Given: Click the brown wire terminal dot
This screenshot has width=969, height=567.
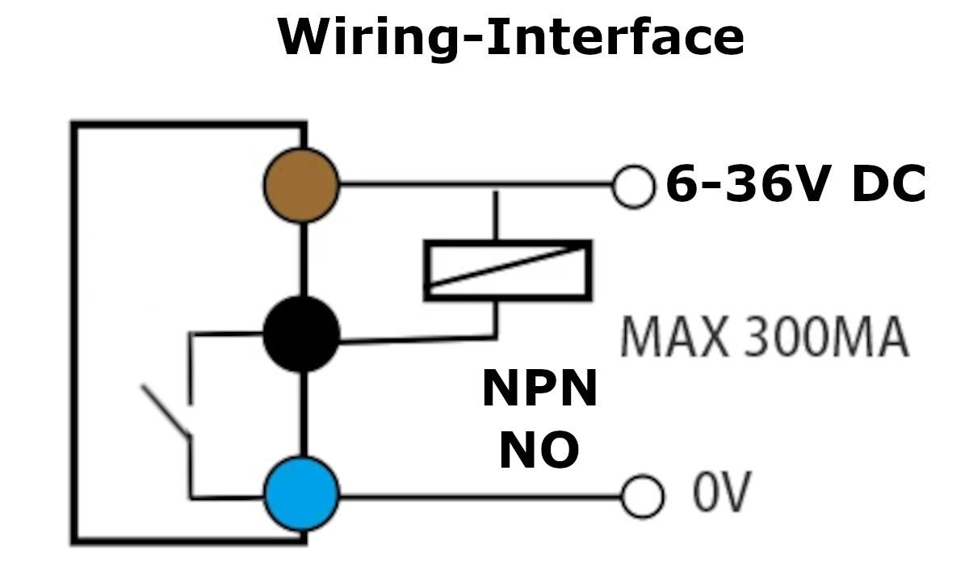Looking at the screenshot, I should point(300,185).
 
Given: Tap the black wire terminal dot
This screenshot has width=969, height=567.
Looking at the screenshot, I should point(301,334).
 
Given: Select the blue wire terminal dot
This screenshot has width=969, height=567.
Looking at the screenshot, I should point(301,492).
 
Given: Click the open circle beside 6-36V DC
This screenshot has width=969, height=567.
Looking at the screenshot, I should point(634,187).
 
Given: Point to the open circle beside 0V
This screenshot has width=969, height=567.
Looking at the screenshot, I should point(642,494).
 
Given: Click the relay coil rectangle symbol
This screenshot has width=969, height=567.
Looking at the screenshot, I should point(508,270).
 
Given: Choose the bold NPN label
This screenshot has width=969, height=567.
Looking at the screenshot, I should point(539,388).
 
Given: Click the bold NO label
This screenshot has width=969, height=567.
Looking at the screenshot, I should point(539,450).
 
